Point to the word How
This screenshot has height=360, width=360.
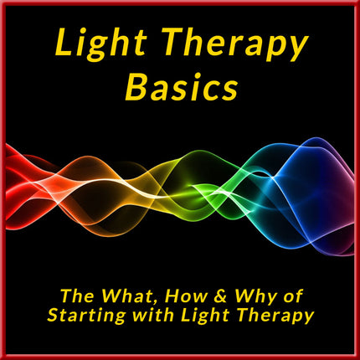(187, 296)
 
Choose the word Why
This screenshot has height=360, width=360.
(255, 297)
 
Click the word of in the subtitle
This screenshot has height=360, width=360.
(293, 296)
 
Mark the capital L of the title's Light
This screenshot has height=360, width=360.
(64, 42)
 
